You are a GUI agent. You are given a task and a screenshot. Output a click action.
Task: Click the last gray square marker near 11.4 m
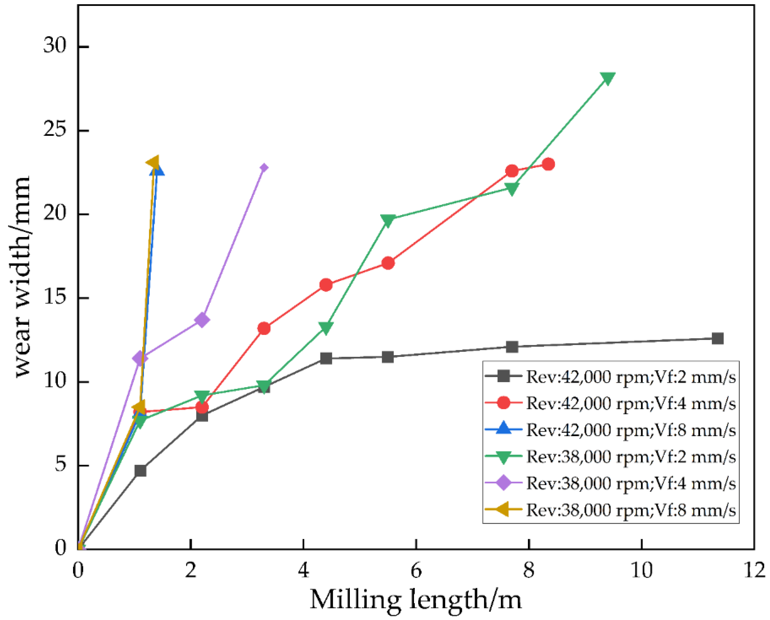click(717, 338)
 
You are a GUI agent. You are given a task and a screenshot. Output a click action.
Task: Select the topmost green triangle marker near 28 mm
click(608, 78)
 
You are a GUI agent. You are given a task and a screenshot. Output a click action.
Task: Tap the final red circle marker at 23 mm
click(548, 164)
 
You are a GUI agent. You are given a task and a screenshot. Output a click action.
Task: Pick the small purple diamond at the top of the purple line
click(264, 167)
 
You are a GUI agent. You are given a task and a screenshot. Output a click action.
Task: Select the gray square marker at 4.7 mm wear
click(141, 471)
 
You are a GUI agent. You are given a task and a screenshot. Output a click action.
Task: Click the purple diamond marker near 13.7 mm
click(202, 320)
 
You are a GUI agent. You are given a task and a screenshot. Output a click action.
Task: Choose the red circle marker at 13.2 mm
click(264, 328)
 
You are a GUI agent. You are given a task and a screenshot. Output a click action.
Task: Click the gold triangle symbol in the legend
click(503, 509)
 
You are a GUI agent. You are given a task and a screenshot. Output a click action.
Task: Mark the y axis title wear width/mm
click(22, 277)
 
